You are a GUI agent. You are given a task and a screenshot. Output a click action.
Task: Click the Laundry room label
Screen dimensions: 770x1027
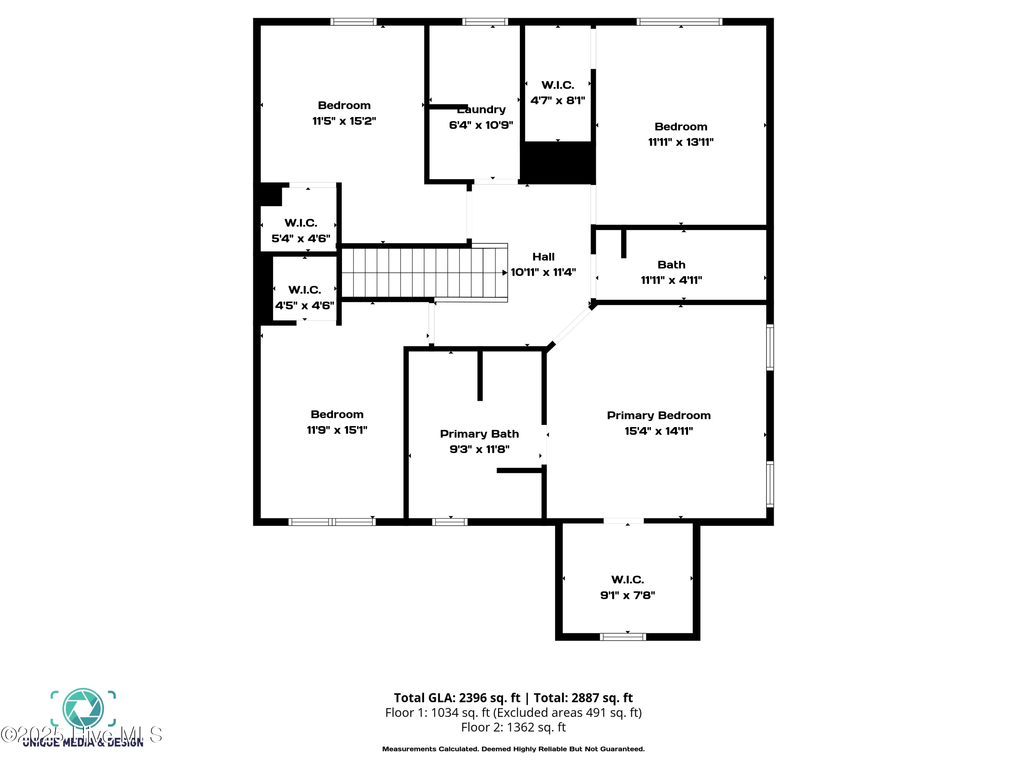(x=481, y=110)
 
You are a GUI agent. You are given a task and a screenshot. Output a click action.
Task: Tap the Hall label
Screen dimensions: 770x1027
(x=543, y=257)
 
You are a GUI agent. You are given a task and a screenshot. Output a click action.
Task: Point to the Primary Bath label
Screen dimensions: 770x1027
(x=479, y=434)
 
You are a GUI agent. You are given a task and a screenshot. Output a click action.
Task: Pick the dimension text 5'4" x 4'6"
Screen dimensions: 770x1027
(x=301, y=238)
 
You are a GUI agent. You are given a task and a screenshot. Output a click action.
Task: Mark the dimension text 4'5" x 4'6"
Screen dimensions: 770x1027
(x=305, y=305)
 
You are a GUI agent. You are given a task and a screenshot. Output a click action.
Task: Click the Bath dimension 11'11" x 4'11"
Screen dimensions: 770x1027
(x=671, y=280)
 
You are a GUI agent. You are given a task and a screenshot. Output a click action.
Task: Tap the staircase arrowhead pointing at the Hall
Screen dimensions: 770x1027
(x=505, y=272)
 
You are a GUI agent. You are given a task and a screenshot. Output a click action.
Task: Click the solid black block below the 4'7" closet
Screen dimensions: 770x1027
(x=558, y=163)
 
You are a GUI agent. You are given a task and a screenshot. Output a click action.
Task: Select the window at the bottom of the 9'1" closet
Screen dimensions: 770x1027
(x=623, y=637)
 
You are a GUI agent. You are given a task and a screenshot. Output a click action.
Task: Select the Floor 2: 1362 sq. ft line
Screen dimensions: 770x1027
(x=513, y=727)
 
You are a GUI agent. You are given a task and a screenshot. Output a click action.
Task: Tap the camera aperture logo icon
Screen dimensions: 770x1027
(x=83, y=708)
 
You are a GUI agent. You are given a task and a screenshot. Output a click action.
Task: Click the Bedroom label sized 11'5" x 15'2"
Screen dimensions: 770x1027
(x=344, y=105)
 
